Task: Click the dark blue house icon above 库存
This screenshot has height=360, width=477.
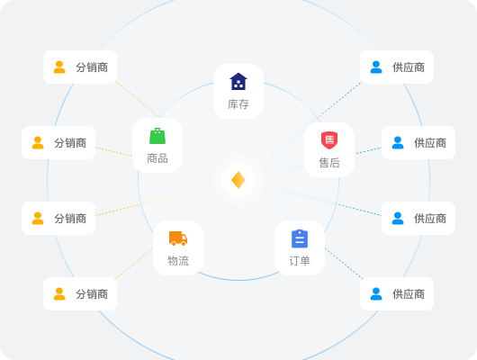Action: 238,81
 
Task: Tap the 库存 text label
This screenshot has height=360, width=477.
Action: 238,104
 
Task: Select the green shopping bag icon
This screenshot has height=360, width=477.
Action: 157,136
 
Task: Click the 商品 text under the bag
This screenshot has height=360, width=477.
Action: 157,158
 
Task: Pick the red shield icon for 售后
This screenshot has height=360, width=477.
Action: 329,140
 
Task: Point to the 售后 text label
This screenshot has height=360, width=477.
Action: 329,163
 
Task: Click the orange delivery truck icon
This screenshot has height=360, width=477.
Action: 178,238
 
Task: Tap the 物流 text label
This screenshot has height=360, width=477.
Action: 178,261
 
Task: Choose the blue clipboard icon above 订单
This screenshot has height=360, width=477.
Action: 300,238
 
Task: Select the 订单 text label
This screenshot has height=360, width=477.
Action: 300,261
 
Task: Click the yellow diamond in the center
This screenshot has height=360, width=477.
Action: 238,180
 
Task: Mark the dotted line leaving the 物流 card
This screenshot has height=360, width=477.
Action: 134,264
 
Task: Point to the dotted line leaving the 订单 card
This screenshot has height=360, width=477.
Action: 344,264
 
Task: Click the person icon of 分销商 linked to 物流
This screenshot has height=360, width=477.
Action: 59,294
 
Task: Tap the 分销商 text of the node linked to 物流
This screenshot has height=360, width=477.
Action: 92,294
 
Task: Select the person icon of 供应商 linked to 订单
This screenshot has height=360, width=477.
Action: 376,294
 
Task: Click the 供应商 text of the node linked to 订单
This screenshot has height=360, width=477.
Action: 409,294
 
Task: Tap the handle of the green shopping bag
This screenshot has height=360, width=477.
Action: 157,130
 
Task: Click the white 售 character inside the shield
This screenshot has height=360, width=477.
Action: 329,140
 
